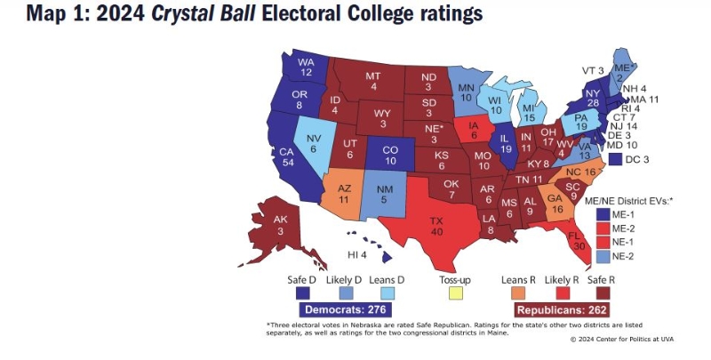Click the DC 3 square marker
click(617, 159)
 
